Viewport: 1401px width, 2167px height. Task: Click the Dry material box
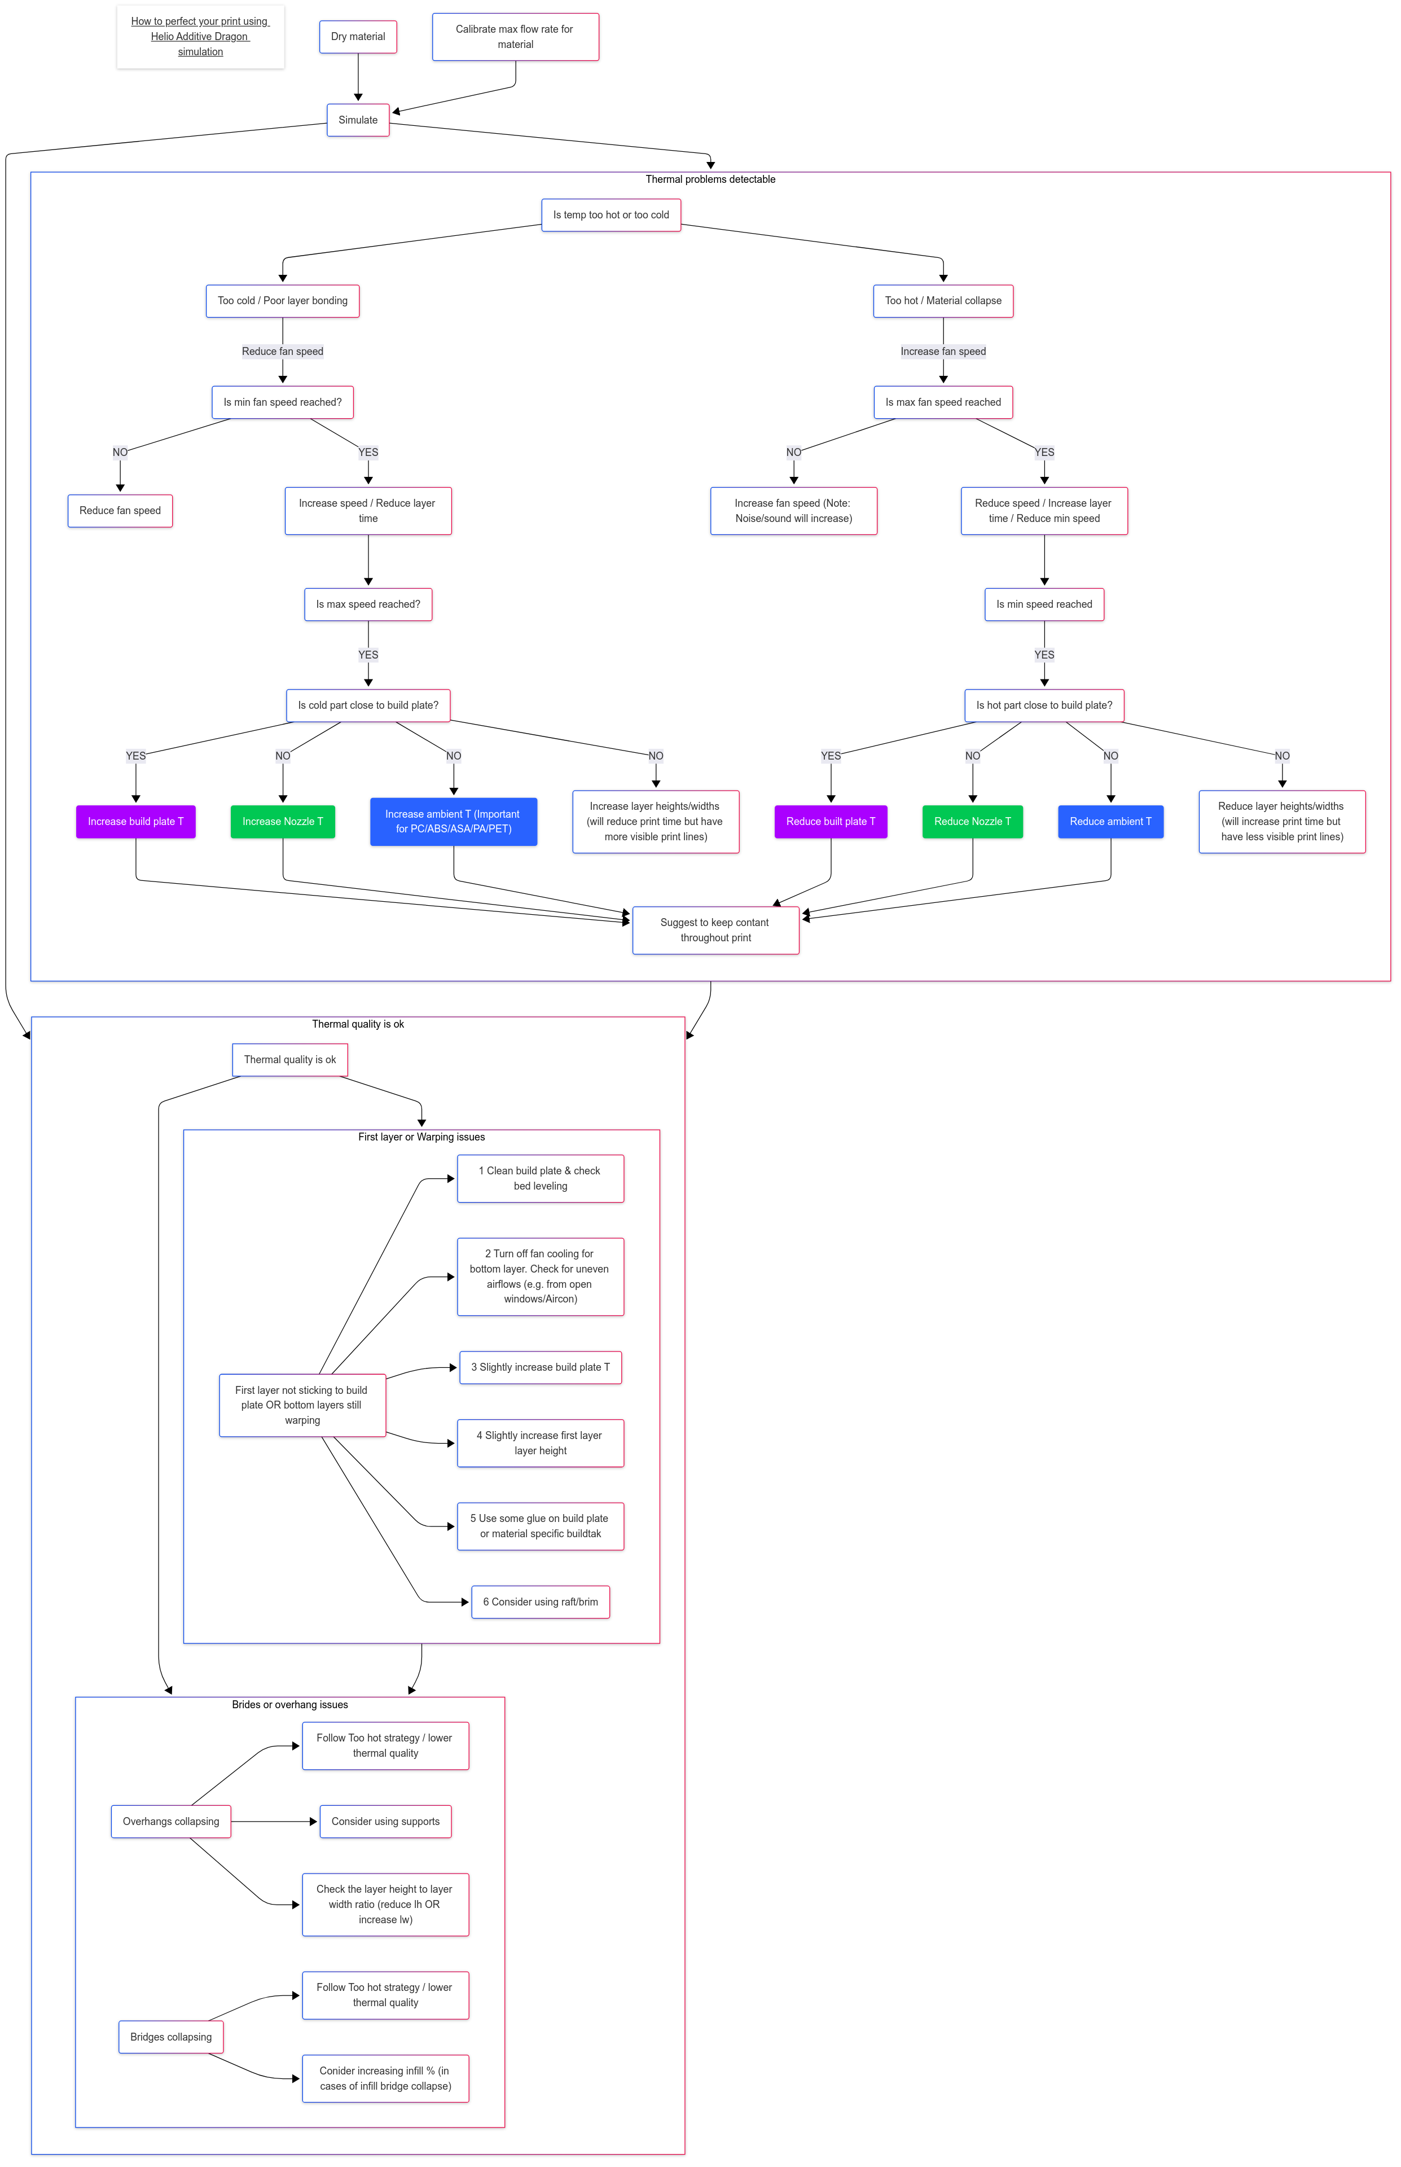click(x=358, y=36)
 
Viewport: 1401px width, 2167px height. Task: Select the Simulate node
click(x=358, y=119)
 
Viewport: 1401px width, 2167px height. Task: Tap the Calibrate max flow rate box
click(x=515, y=36)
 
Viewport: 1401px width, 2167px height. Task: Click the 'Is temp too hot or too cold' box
click(x=611, y=214)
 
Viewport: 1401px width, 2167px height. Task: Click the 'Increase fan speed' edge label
click(x=942, y=351)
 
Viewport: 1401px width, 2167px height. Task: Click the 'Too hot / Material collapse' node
click(x=942, y=300)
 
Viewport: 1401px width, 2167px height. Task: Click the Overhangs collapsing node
click(x=171, y=1821)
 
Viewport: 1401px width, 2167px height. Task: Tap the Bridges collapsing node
click(x=171, y=2036)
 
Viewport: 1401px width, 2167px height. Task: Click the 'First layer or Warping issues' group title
click(x=421, y=1137)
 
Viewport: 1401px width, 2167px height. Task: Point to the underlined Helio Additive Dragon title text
click(x=200, y=36)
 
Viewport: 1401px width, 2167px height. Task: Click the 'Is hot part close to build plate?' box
click(x=1043, y=705)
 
